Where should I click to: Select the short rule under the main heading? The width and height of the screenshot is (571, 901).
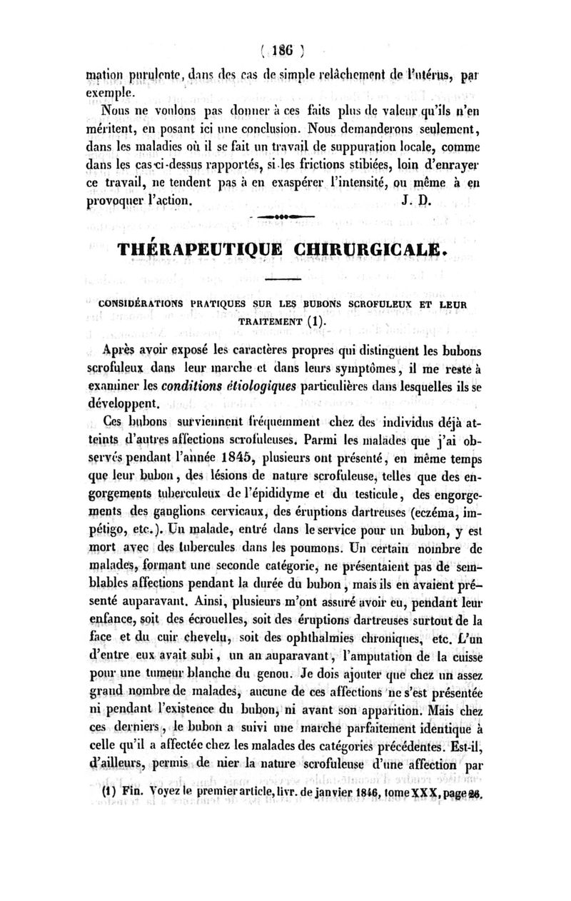(x=287, y=280)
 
